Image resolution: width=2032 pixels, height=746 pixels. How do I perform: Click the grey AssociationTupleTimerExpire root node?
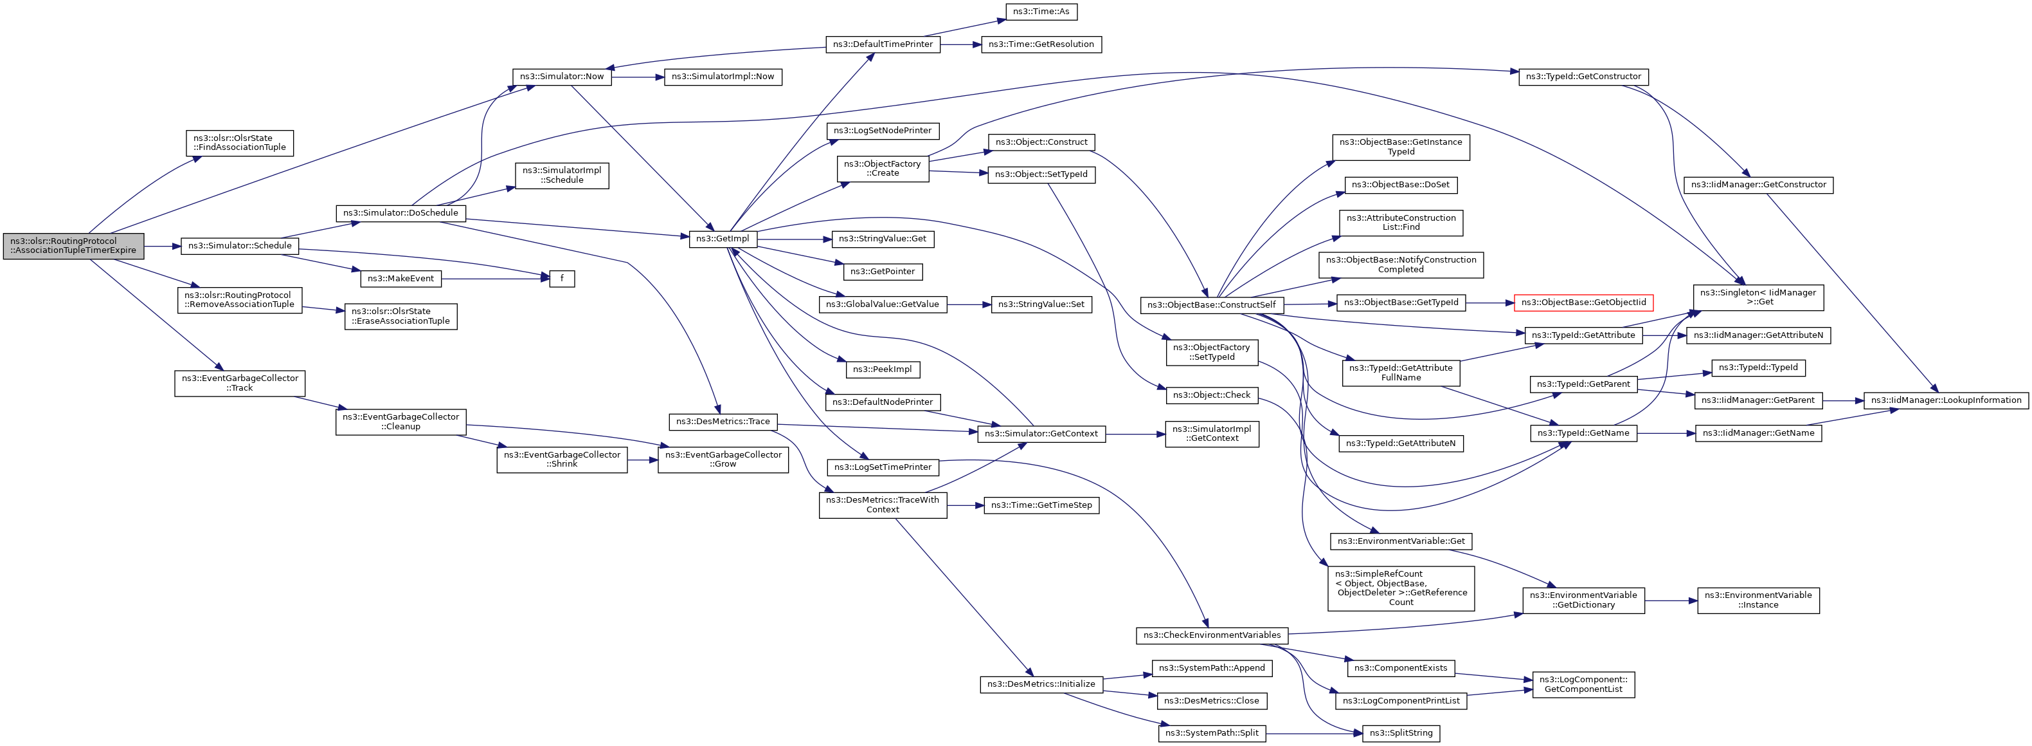(74, 245)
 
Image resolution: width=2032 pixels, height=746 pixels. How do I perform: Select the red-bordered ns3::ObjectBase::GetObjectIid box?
(1583, 303)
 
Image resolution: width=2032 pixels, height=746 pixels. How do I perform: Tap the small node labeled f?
(562, 279)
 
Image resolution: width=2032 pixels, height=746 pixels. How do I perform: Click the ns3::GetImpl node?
(723, 238)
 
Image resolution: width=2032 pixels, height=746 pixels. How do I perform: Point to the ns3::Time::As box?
(1041, 12)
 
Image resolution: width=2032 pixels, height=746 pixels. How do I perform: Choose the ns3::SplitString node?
(1401, 733)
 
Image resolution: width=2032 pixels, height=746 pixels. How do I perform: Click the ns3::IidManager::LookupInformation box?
(1946, 400)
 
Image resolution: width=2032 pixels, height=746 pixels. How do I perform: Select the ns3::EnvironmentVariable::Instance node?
(1758, 600)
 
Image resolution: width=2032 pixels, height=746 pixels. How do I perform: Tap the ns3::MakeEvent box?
(400, 279)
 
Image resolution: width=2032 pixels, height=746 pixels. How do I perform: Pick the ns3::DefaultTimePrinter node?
(883, 44)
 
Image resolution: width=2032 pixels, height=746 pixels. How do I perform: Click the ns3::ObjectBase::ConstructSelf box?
(1212, 304)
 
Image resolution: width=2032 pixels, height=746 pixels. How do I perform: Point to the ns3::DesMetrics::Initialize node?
(1041, 684)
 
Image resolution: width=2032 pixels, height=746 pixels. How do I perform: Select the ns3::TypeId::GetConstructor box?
(1583, 77)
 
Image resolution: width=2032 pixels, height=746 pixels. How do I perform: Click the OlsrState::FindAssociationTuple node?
(240, 143)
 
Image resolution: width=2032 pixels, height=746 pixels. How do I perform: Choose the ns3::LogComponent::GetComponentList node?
(1583, 684)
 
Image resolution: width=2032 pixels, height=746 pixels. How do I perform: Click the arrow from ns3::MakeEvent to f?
(496, 279)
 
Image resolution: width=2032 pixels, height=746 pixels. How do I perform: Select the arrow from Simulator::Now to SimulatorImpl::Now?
(637, 77)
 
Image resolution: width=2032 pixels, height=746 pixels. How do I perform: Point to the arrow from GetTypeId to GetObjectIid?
(1489, 303)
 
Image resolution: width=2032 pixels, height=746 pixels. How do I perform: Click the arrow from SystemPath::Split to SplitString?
(1314, 733)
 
